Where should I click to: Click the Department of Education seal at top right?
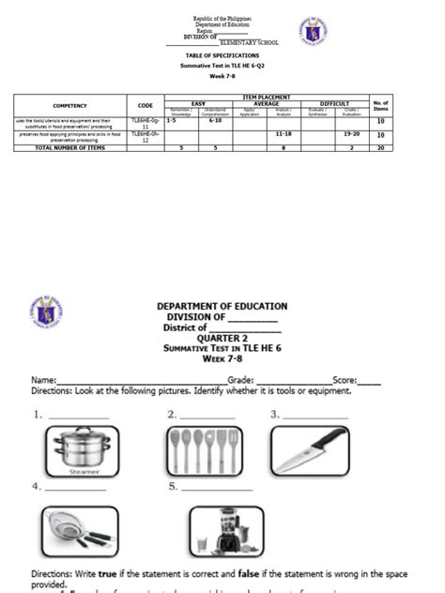[313, 30]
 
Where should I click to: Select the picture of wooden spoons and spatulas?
[200, 450]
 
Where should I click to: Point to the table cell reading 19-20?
[351, 135]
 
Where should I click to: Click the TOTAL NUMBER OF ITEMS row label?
[69, 148]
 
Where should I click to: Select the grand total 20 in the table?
[381, 148]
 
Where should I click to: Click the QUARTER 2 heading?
[222, 338]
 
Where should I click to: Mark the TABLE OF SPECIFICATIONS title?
[222, 56]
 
